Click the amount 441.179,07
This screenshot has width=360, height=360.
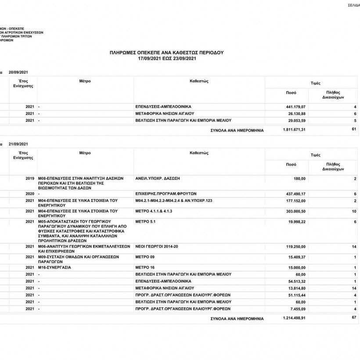point(295,107)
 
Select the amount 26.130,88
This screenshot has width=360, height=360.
point(296,114)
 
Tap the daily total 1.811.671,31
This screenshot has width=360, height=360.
point(295,130)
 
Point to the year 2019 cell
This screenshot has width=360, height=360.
point(30,179)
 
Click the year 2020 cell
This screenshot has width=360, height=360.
point(30,194)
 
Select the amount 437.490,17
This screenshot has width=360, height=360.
point(295,194)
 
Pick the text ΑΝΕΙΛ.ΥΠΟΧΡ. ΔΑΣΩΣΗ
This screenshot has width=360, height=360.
point(158,179)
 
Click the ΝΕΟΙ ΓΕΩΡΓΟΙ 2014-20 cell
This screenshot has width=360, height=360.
point(157,247)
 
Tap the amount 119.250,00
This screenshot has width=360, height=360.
point(295,247)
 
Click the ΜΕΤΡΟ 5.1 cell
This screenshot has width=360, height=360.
point(146,222)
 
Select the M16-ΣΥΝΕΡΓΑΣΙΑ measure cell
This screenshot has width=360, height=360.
point(55,267)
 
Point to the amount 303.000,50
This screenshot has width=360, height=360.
point(295,211)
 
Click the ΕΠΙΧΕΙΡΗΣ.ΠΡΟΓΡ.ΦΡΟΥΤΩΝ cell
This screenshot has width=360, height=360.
point(166,194)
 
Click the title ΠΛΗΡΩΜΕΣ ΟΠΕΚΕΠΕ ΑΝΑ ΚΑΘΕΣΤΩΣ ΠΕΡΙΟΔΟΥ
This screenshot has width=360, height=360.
point(166,52)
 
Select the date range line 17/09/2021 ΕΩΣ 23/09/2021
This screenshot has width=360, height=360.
point(166,58)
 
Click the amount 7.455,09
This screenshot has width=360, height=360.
point(297,309)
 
